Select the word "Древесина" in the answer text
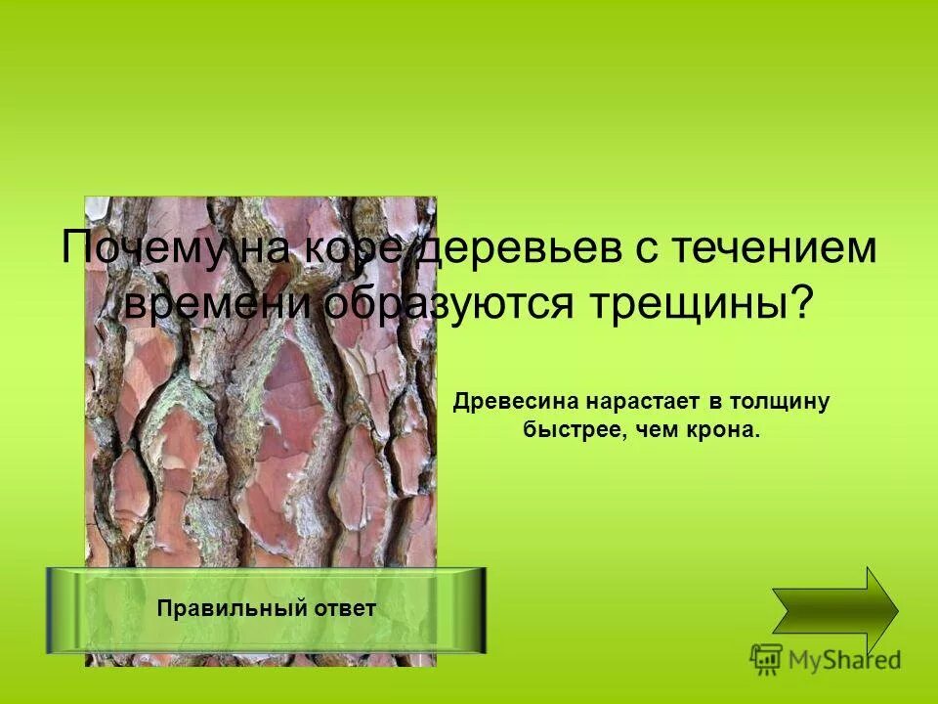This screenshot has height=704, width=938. (515, 402)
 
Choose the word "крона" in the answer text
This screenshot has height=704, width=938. (725, 430)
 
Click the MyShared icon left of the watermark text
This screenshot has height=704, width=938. (765, 657)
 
